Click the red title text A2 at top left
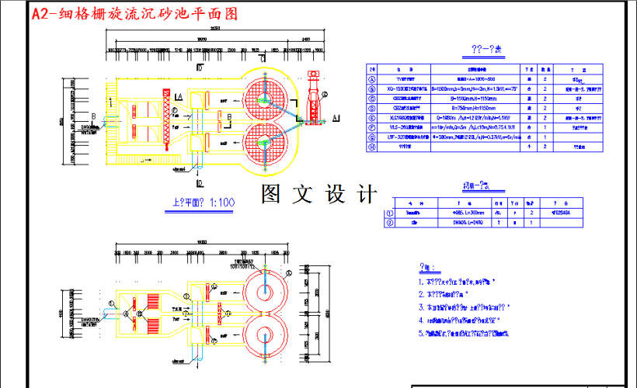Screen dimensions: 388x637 (40, 14)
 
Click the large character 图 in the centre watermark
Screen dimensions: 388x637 (272, 192)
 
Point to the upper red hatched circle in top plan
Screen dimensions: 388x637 (263, 98)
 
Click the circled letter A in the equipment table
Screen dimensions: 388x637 (372, 79)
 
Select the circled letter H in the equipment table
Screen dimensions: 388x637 (372, 144)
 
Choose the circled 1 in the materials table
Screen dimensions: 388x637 (389, 212)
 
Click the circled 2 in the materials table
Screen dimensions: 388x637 (389, 223)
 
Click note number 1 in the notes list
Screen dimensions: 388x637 (421, 282)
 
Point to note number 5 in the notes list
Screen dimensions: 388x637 (421, 333)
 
